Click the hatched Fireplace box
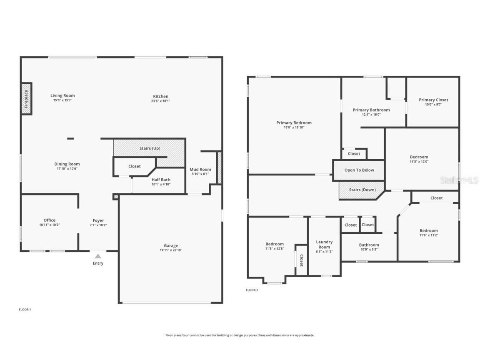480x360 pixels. (x=26, y=99)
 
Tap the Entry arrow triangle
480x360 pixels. (x=98, y=256)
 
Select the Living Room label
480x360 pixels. (x=62, y=95)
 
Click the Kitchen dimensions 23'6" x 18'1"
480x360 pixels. (x=160, y=101)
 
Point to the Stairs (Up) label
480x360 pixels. (x=150, y=148)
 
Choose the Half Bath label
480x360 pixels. (x=160, y=180)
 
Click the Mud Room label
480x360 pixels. (x=200, y=169)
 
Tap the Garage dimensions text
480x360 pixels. (x=171, y=250)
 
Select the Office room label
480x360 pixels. (x=50, y=220)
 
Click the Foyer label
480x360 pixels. (x=98, y=220)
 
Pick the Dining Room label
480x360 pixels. (x=67, y=164)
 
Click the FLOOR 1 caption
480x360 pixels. (x=25, y=310)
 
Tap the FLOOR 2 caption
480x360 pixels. (x=252, y=290)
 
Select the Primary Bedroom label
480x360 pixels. (x=294, y=122)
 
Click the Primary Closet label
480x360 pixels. (x=433, y=100)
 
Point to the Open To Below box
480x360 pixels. (x=359, y=170)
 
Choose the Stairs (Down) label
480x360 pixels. (x=362, y=190)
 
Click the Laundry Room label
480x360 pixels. (x=324, y=244)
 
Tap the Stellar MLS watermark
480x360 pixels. (x=459, y=180)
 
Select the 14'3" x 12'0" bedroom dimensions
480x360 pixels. (x=419, y=162)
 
